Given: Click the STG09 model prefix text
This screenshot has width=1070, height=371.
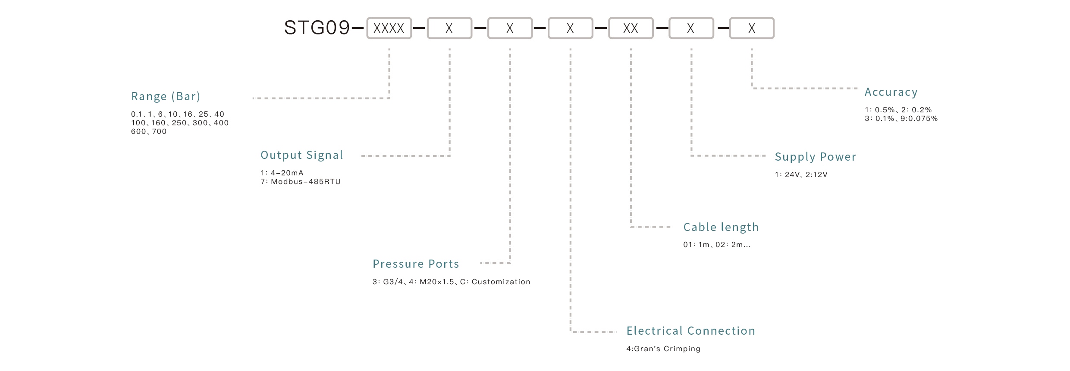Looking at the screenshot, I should tap(317, 28).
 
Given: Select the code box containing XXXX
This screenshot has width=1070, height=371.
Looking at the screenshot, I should tap(389, 28).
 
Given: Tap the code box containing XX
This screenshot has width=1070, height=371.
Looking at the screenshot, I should tap(631, 28).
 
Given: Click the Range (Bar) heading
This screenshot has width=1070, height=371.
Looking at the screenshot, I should tap(166, 96).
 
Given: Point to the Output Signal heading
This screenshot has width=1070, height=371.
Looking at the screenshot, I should tap(301, 155).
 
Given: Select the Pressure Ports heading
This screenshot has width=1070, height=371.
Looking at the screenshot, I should tap(416, 264).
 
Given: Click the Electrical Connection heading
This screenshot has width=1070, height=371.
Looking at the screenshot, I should tap(690, 331).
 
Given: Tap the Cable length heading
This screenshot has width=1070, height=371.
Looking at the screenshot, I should tap(721, 227).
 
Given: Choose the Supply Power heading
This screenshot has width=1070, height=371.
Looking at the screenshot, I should tap(815, 157).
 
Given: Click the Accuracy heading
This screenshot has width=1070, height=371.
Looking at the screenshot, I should tap(891, 92).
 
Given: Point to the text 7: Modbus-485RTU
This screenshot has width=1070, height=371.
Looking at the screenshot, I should tap(301, 182).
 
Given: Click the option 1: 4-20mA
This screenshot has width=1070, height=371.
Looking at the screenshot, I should tap(282, 173).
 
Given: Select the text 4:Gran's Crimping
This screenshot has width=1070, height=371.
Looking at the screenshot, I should tap(663, 349).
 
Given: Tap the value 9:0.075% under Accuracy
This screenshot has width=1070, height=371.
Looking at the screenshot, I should tap(919, 119).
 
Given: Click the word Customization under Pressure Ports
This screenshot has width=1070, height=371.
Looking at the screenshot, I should tap(501, 282).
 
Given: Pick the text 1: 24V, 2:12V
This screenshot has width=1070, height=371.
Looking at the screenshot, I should tap(801, 175).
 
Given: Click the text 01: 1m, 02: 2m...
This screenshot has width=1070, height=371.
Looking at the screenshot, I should tap(716, 245).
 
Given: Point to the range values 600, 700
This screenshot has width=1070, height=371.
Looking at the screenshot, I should tap(149, 132).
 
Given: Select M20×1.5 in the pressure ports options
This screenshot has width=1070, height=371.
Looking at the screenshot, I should tap(436, 282).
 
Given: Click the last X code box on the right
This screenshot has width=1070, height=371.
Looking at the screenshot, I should tap(752, 28).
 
